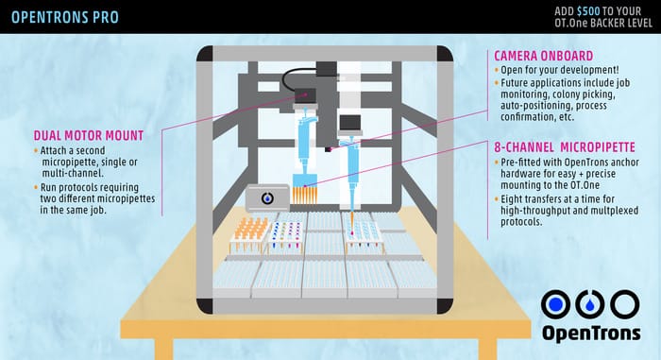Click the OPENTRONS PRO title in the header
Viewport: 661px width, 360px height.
(65, 17)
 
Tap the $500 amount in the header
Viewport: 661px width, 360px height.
(588, 11)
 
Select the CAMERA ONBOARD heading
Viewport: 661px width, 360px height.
(543, 56)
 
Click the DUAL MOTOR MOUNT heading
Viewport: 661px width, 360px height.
(89, 135)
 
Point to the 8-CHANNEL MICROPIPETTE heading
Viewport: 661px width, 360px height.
(565, 147)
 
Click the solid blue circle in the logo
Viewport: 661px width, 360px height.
(555, 304)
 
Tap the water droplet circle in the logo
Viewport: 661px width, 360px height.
(590, 304)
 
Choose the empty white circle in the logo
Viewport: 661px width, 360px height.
(625, 304)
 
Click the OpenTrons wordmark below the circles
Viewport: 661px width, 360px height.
(591, 333)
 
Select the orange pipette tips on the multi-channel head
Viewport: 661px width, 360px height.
(304, 195)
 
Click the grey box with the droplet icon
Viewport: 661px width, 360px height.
(267, 197)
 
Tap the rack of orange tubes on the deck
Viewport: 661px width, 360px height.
(251, 233)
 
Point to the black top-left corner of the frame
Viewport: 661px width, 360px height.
(205, 54)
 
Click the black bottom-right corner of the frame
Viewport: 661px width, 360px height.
(445, 305)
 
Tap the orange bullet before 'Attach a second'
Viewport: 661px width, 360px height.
(36, 150)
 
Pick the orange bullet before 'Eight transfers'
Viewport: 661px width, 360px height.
(496, 198)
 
